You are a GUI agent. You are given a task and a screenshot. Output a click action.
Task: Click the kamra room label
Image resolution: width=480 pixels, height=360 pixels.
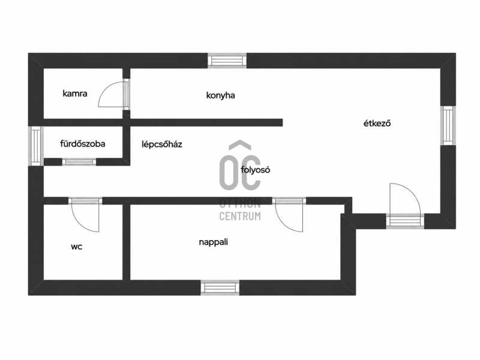[74, 94]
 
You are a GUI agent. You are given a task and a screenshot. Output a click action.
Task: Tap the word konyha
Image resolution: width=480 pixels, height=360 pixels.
[220, 95]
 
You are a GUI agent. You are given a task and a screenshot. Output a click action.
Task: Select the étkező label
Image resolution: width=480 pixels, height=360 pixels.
[377, 124]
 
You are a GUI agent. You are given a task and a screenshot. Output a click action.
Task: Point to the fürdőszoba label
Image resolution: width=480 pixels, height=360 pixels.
[83, 143]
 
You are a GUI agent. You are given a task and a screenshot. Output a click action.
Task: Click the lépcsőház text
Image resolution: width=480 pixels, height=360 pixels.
[162, 144]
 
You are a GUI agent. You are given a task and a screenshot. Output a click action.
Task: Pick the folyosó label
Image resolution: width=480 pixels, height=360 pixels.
[256, 170]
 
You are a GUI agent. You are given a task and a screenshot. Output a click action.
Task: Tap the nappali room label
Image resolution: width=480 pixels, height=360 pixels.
[214, 242]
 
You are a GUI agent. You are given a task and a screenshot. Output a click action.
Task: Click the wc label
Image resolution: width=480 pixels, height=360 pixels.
[77, 247]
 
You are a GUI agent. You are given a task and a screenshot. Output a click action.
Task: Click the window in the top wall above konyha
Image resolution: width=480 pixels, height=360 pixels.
[227, 61]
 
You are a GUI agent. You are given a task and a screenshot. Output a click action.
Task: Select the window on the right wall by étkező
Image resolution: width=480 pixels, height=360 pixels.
[448, 125]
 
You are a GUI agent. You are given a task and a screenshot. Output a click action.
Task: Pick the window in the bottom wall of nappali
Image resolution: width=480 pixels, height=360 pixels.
[220, 288]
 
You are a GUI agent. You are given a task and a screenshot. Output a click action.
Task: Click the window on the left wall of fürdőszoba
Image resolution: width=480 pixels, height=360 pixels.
[36, 146]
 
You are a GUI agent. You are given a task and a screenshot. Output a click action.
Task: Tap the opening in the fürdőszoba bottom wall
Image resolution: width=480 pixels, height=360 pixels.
[79, 161]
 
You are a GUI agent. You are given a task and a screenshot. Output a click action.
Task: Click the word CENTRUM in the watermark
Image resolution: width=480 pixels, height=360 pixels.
[240, 216]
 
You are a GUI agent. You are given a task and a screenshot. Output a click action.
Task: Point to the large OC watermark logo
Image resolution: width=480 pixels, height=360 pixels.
[240, 165]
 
